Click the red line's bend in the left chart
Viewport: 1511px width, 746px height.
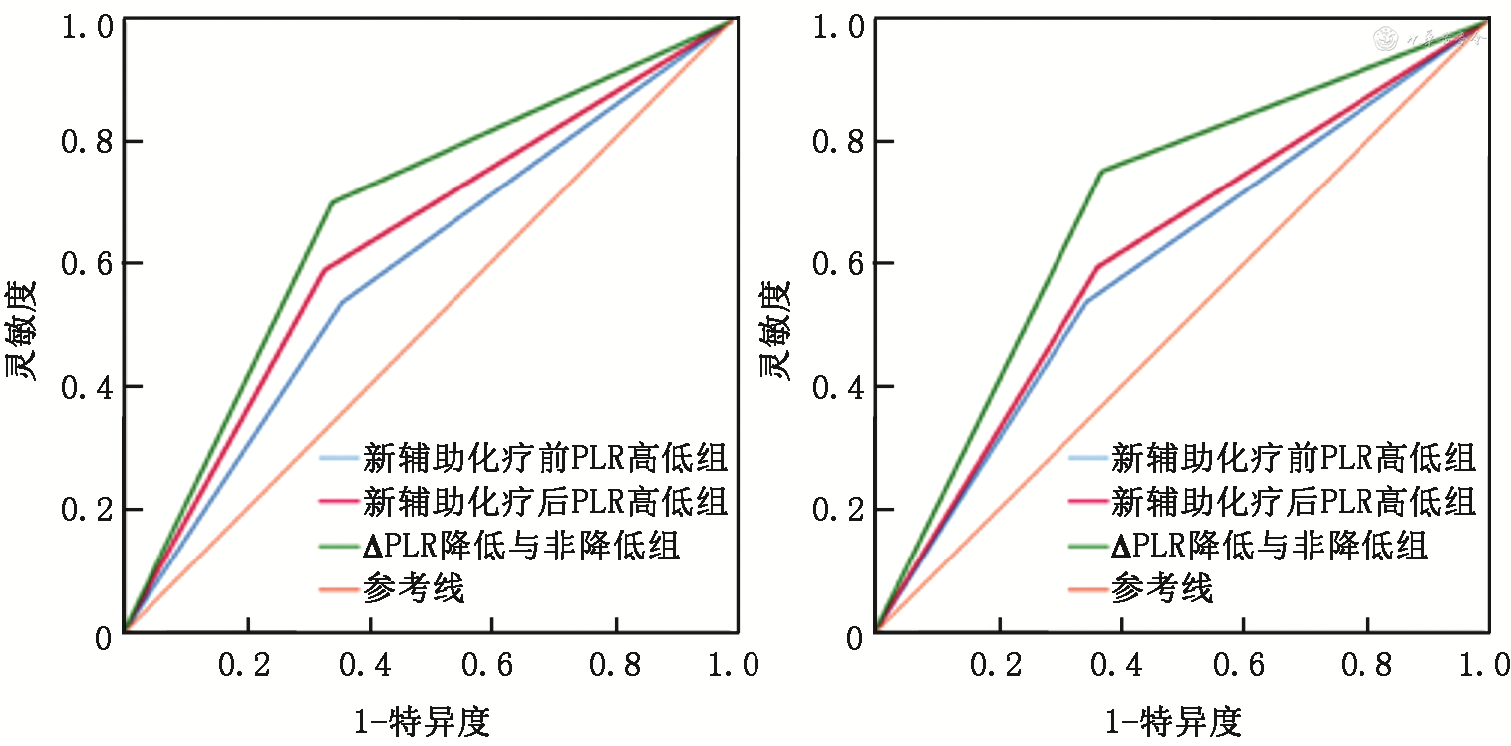coord(325,269)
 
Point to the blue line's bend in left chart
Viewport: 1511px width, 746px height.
coord(342,302)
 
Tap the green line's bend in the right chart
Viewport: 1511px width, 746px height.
coord(1101,172)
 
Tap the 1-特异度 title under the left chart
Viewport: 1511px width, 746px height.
coord(423,720)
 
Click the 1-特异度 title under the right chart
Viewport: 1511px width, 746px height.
coord(1174,720)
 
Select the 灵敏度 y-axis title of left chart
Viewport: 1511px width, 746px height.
coord(23,331)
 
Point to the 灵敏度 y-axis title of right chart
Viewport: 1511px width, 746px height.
coord(775,331)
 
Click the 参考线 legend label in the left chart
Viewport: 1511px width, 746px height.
coord(414,589)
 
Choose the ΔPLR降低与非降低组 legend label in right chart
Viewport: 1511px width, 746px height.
coord(1270,546)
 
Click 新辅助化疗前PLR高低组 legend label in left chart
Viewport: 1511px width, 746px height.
coord(545,458)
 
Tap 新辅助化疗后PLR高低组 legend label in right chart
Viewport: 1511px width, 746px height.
coord(1294,502)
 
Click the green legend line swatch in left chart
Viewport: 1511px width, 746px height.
coord(339,546)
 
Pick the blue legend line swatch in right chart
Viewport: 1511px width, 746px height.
coord(1088,458)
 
